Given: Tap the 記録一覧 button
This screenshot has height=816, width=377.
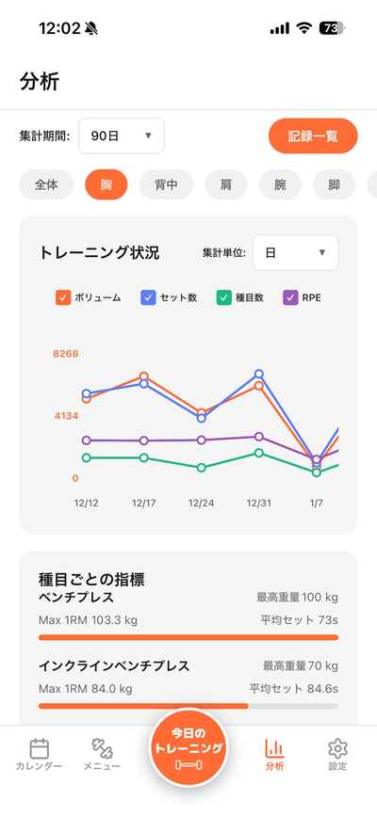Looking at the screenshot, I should pyautogui.click(x=313, y=136).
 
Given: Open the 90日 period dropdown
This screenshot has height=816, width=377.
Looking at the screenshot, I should pyautogui.click(x=121, y=136).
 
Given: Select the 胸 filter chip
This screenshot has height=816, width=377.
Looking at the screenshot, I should pyautogui.click(x=106, y=184).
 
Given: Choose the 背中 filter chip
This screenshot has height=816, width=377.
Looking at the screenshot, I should pyautogui.click(x=166, y=184).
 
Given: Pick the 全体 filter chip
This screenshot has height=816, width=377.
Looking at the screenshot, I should pyautogui.click(x=46, y=184).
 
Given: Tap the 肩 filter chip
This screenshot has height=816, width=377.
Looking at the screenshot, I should pyautogui.click(x=226, y=184).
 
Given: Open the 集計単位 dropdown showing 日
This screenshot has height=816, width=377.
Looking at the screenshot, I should pyautogui.click(x=295, y=252).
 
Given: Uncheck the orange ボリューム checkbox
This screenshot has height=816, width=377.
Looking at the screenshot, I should pyautogui.click(x=63, y=297).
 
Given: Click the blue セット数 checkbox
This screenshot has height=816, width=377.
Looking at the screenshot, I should pyautogui.click(x=148, y=297).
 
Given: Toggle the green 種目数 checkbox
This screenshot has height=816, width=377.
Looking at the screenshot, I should pyautogui.click(x=224, y=297).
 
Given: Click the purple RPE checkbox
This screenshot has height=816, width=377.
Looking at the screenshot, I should pyautogui.click(x=288, y=297).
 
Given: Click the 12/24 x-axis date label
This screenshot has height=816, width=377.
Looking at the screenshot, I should pyautogui.click(x=201, y=503).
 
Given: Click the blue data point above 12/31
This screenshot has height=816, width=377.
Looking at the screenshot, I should pyautogui.click(x=258, y=374).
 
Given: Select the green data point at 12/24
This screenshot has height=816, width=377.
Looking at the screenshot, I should pyautogui.click(x=201, y=468).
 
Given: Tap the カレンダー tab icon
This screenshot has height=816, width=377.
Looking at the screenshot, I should pyautogui.click(x=39, y=749).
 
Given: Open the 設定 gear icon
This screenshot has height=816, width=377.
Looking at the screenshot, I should pyautogui.click(x=337, y=749).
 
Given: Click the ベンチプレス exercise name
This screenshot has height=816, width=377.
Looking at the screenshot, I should pyautogui.click(x=76, y=597).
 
